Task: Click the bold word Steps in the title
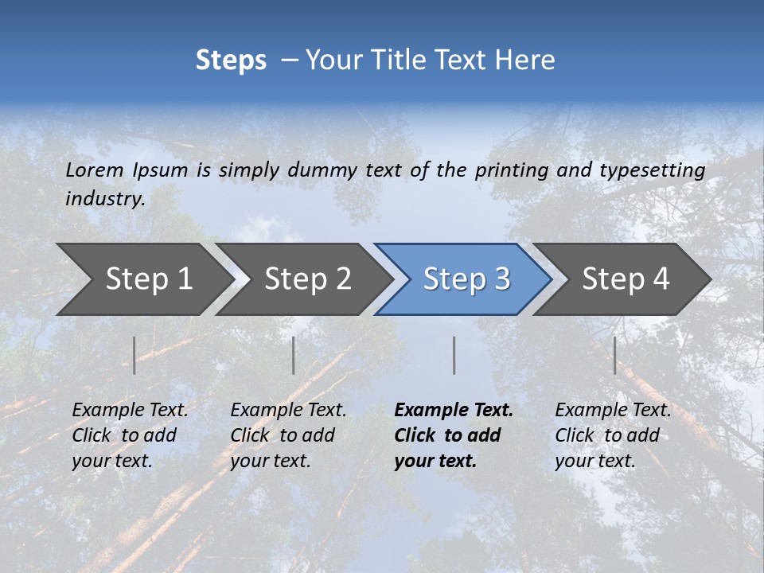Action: tap(231, 60)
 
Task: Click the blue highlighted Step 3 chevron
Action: tap(463, 279)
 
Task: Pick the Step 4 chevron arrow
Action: tap(623, 279)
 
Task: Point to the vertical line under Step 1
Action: tap(134, 355)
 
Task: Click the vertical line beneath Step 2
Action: tap(294, 355)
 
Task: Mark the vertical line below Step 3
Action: tap(454, 355)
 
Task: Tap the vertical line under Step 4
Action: tap(614, 355)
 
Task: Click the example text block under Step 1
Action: tap(129, 435)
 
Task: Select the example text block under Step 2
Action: tap(287, 435)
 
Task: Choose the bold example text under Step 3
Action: tap(453, 435)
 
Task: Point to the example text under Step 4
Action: tap(612, 435)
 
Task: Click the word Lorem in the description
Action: tap(94, 170)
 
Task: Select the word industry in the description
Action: tap(104, 199)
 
